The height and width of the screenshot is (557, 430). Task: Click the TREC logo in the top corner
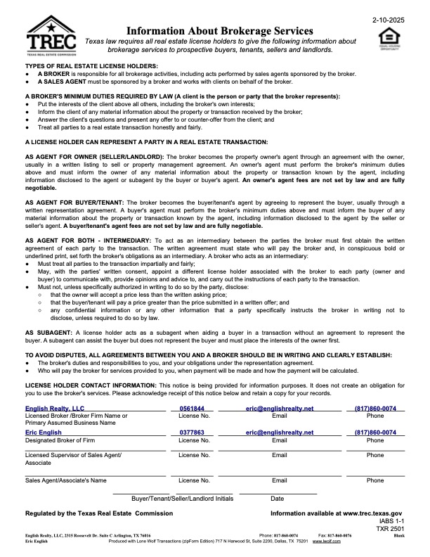(x=50, y=35)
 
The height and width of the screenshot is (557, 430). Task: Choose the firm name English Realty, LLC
(x=55, y=409)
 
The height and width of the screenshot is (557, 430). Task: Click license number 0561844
(x=192, y=409)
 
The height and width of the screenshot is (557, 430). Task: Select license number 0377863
(x=192, y=433)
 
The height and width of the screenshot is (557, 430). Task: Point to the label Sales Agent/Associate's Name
(x=66, y=481)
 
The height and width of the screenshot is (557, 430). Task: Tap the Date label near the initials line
(x=278, y=499)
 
